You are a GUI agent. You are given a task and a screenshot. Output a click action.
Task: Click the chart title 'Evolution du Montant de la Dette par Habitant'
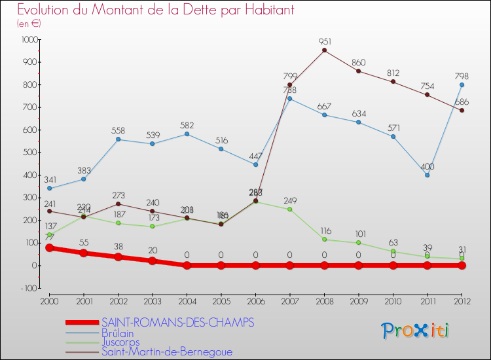(155, 10)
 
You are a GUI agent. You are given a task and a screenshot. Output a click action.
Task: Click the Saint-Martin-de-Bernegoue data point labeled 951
(325, 50)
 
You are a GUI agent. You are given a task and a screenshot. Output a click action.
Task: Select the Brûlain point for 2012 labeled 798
(462, 84)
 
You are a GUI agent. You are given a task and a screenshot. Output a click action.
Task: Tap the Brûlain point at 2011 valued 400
(427, 175)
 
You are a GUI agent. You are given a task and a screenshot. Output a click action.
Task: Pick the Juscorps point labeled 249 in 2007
(290, 209)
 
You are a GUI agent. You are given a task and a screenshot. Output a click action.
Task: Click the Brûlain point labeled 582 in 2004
(187, 134)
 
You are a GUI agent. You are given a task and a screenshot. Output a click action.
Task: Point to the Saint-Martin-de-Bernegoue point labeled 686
(462, 110)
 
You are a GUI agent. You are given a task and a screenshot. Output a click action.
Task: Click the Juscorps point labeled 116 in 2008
(325, 239)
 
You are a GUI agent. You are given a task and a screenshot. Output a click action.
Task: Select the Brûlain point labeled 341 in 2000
(50, 189)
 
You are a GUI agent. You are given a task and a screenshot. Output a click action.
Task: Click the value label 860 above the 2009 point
(359, 63)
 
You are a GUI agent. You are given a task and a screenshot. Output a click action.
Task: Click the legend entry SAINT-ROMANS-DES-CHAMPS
(177, 323)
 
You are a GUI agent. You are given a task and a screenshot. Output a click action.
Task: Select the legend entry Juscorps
(121, 342)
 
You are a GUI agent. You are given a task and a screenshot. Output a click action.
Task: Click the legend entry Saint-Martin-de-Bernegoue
(166, 351)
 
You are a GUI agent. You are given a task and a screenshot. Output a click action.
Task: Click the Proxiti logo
(416, 331)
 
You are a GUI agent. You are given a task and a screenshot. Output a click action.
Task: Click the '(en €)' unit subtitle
(29, 23)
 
